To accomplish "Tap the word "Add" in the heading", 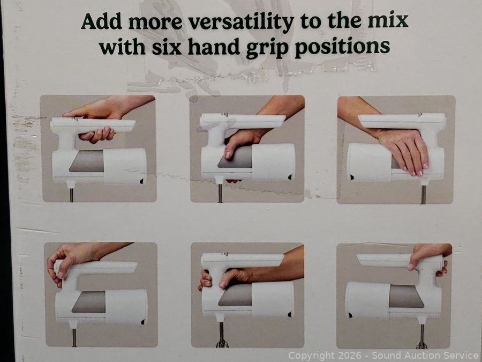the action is click(101, 21).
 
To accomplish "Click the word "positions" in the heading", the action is click(342, 48).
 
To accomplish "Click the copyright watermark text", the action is click(383, 355).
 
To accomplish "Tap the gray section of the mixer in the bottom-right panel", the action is click(406, 296).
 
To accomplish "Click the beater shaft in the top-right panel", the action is click(423, 195).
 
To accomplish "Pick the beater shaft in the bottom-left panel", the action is click(74, 337).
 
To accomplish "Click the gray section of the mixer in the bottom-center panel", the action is click(235, 295).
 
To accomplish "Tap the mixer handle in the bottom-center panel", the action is click(242, 260).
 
